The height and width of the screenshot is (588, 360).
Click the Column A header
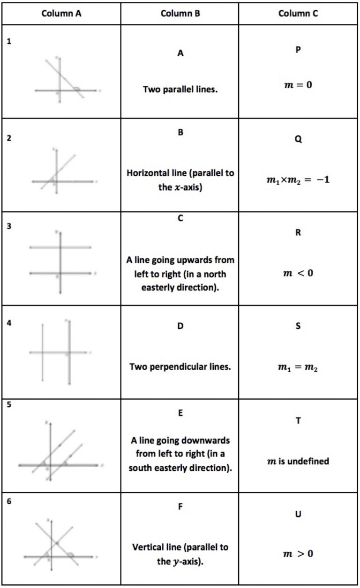[61, 14]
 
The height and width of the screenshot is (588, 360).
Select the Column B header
[180, 14]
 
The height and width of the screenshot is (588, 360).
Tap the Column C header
[298, 14]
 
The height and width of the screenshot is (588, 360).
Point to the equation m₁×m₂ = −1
[298, 180]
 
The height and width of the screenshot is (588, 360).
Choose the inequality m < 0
[298, 273]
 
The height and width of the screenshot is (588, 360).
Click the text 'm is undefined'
[298, 461]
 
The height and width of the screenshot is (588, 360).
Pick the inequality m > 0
[298, 554]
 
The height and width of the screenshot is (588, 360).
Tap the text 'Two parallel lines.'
[180, 89]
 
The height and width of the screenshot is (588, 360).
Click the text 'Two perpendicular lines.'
[180, 366]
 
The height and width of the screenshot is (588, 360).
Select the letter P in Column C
[298, 50]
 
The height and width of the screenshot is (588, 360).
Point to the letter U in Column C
[298, 514]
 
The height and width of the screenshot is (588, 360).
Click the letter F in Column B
[180, 506]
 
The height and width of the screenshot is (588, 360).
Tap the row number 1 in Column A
[9, 41]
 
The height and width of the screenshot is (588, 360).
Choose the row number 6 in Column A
[9, 501]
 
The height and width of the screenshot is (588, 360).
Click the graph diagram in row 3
[61, 261]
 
